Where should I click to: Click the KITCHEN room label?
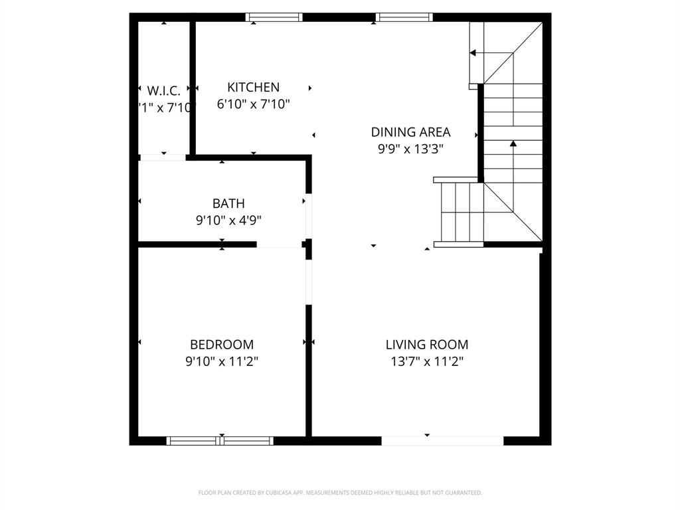coord(253,87)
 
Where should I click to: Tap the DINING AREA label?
coord(410,131)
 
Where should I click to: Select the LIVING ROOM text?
coord(426,345)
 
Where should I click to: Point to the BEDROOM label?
coord(221,345)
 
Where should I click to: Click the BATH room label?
coord(228,203)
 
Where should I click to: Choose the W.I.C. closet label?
coord(163,90)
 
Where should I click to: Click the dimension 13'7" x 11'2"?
coord(426,362)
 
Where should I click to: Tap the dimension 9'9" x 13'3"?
coord(410,149)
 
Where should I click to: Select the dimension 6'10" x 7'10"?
coord(253,104)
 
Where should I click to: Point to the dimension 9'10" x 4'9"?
coord(228,220)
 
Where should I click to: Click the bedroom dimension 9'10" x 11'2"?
coord(221,362)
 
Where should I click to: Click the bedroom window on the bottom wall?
coord(220,440)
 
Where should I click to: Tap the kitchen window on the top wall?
coord(274,17)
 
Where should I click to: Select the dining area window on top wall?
coord(404,17)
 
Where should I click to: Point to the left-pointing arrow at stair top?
coord(473,53)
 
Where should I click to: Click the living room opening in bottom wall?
coord(442,440)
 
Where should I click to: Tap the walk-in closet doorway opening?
coord(163,157)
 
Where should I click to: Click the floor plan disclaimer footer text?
coord(340,493)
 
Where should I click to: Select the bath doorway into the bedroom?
coord(279,245)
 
